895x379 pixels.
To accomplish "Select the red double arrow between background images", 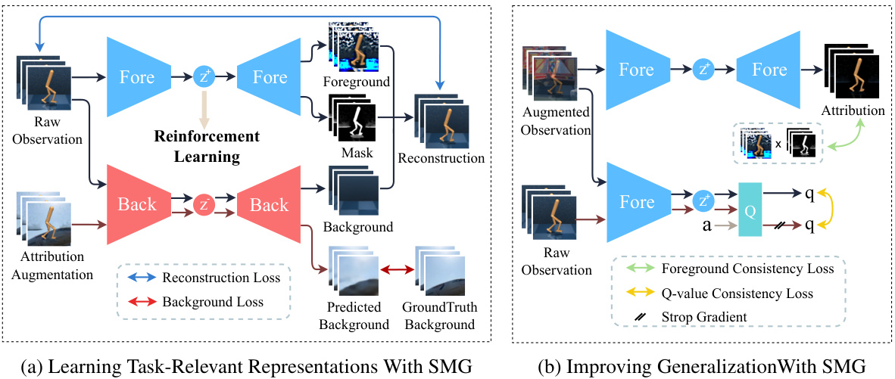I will pyautogui.click(x=396, y=269).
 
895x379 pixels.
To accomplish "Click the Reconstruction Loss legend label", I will pyautogui.click(x=221, y=278).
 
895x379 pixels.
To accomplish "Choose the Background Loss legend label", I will pyautogui.click(x=213, y=302).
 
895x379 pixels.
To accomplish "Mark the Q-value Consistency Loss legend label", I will pyautogui.click(x=741, y=293).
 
